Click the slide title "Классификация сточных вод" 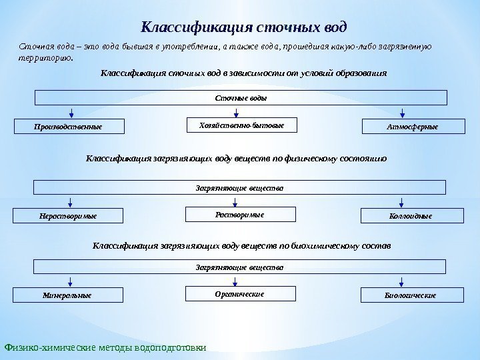(245, 28)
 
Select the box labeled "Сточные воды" (240, 98)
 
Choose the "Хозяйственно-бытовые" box (241, 125)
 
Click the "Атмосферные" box (404, 126)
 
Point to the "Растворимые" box (241, 215)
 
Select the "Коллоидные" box (404, 216)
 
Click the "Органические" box (241, 294)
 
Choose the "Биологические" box (404, 295)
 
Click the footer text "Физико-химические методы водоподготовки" (105, 347)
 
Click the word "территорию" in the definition (43, 57)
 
